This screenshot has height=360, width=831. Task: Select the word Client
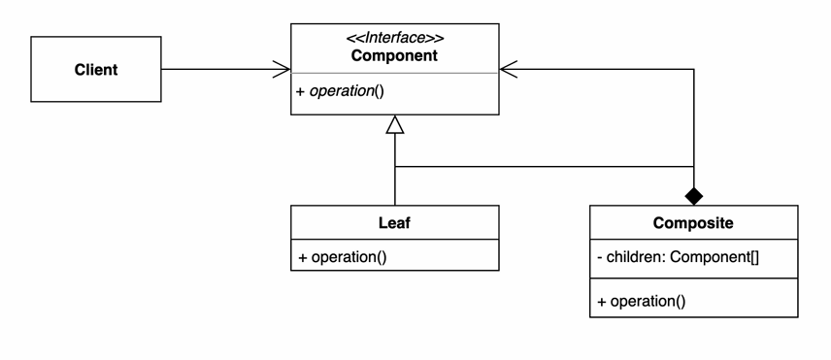(96, 69)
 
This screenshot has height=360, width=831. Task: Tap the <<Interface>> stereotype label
(395, 38)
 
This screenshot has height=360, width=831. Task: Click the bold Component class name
(394, 55)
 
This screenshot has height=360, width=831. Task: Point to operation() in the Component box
(346, 91)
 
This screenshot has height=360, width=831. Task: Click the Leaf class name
(394, 223)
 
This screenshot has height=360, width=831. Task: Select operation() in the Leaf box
(349, 257)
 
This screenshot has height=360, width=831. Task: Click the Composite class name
(693, 223)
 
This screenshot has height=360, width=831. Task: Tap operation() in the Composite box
(648, 302)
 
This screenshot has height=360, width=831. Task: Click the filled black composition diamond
(694, 196)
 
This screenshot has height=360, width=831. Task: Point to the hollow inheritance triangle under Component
(395, 124)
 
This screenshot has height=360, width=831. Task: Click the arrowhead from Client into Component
(282, 69)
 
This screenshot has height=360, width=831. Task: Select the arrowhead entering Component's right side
(509, 69)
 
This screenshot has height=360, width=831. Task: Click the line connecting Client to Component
(226, 69)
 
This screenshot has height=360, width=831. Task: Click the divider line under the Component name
(395, 73)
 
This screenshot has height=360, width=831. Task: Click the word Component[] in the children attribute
(715, 257)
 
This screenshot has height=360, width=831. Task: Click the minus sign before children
(599, 258)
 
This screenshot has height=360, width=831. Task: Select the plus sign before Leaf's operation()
(303, 258)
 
